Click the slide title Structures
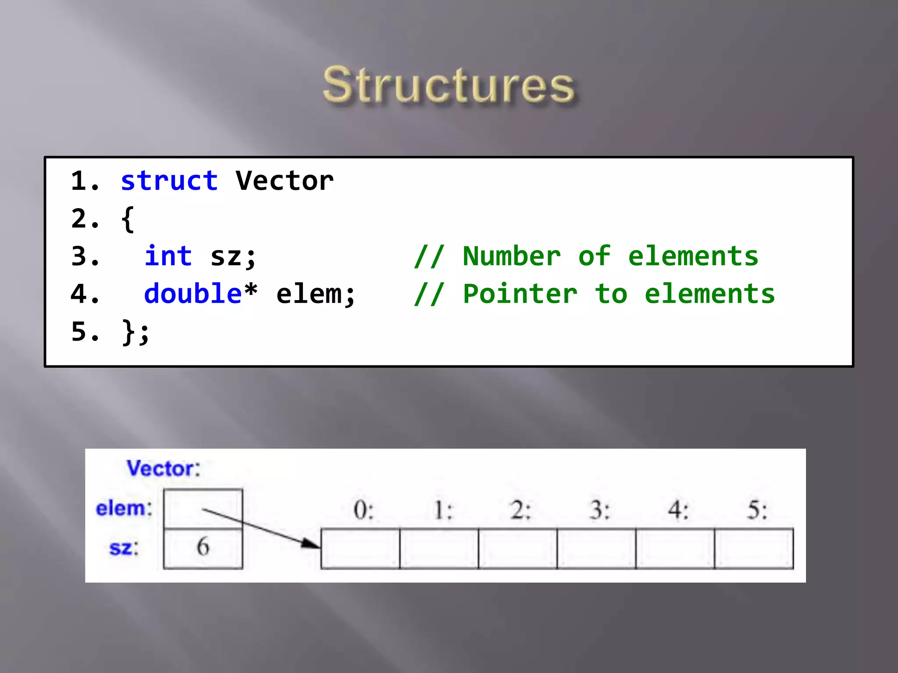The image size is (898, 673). coord(448,85)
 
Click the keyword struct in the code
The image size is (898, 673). coord(169,181)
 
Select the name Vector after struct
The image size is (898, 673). coord(285,181)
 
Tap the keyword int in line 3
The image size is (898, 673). coord(168,256)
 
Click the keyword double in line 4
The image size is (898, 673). coord(193,294)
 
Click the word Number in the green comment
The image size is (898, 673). coord(512,256)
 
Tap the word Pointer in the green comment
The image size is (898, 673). coord(520,294)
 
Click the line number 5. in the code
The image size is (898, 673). coord(85,331)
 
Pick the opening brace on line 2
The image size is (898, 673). coord(128,219)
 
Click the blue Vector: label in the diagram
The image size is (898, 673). coord(163,468)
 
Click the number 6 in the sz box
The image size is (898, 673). coord(203,547)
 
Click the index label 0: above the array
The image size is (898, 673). coord(363,510)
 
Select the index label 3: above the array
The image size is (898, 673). coord(599,510)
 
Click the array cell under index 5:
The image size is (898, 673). coord(754,549)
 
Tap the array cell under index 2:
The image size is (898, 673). coord(518,549)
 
